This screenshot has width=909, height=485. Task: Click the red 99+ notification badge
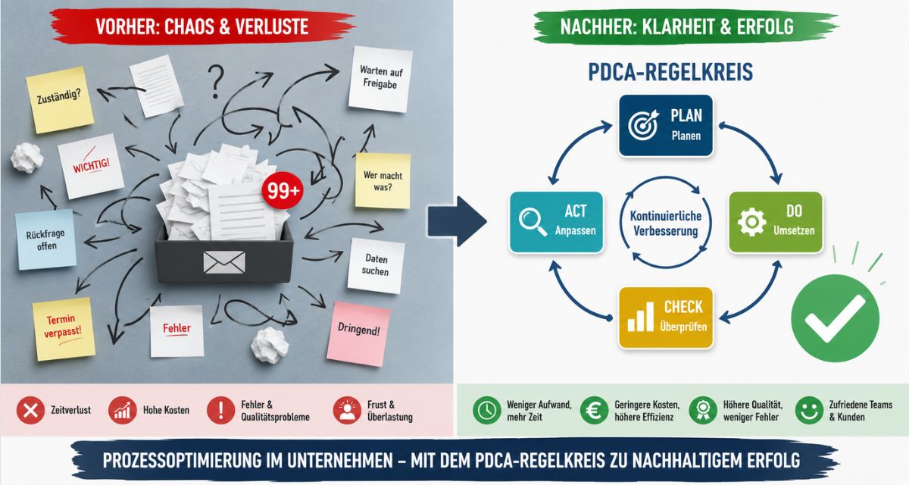click(283, 191)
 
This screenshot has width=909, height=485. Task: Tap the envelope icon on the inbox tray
click(224, 262)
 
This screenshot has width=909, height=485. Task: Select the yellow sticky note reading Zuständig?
click(60, 100)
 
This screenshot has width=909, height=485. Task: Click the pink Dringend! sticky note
click(358, 333)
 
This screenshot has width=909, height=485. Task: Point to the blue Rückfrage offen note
click(45, 239)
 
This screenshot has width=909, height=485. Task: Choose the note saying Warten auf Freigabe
click(380, 79)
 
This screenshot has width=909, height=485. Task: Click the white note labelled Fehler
click(176, 331)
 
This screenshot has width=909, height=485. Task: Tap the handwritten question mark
click(216, 81)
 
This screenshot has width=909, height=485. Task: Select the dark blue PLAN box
click(666, 125)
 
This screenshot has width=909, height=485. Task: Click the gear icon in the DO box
click(751, 222)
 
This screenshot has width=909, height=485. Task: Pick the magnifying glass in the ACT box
click(533, 221)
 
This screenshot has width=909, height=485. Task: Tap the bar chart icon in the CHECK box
click(641, 318)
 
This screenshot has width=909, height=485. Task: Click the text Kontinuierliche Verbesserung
click(666, 224)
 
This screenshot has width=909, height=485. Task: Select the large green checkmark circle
click(835, 318)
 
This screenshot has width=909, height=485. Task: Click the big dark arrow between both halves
click(458, 221)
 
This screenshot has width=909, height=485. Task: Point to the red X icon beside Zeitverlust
click(30, 410)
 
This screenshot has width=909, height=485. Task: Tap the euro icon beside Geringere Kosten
click(594, 410)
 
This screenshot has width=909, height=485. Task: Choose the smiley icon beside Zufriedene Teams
click(809, 410)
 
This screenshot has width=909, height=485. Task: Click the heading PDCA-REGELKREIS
click(670, 72)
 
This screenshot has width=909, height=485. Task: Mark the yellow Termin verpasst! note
click(64, 329)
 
